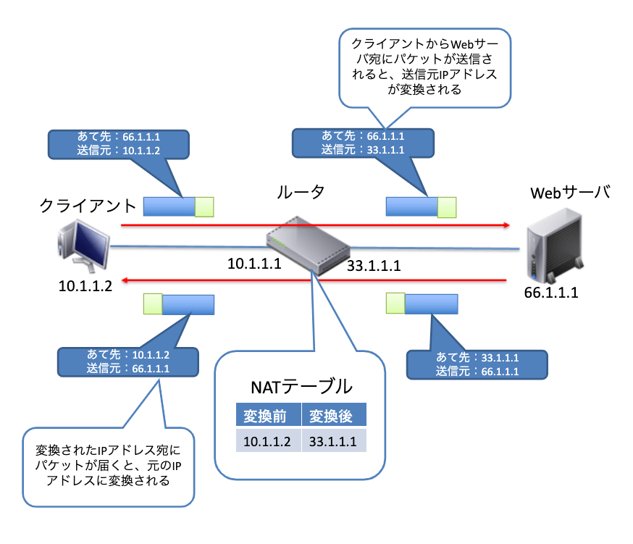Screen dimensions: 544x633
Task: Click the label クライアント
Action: pos(88,206)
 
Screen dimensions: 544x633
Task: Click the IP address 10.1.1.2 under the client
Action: pos(85,286)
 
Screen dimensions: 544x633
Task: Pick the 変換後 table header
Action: pos(333,416)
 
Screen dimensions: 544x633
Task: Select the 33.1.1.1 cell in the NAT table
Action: pos(333,440)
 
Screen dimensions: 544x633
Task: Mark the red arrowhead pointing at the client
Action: pos(125,279)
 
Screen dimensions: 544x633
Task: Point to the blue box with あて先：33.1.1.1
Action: pos(477,364)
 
